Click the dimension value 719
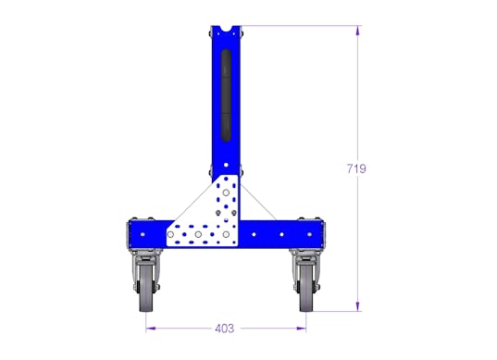click(356, 168)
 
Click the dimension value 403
click(224, 329)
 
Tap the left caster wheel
click(146, 289)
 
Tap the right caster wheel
click(306, 289)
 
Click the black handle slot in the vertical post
click(226, 95)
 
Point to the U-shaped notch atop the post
click(226, 30)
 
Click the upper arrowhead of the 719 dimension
click(358, 31)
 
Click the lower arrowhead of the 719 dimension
click(358, 306)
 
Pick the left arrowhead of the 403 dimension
click(151, 329)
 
